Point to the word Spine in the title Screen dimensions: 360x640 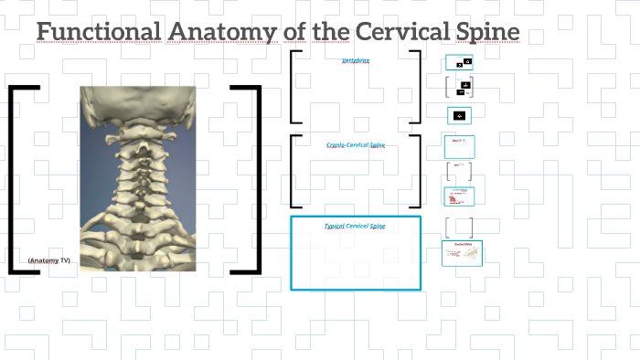(x=486, y=32)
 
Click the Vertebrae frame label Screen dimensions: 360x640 (x=356, y=61)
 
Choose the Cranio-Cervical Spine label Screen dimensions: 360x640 (x=356, y=145)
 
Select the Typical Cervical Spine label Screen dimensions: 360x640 (x=356, y=227)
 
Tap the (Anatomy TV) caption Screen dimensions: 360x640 (x=48, y=260)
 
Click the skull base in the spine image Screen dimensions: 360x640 (x=137, y=105)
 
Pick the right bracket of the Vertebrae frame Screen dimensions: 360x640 (x=418, y=87)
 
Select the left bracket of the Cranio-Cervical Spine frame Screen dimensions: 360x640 (x=293, y=172)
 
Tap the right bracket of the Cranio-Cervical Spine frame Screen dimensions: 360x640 (x=418, y=172)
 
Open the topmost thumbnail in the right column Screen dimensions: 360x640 (x=459, y=63)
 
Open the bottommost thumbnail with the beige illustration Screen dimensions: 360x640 (x=462, y=253)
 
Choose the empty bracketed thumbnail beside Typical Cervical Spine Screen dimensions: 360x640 (x=460, y=227)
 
